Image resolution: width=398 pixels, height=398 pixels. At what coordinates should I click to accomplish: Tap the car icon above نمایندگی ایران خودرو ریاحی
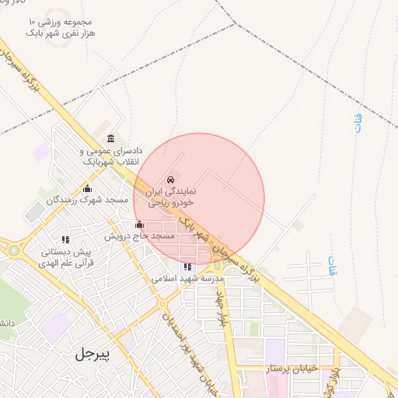171,178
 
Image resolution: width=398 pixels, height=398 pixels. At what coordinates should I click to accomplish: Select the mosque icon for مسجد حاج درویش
140,225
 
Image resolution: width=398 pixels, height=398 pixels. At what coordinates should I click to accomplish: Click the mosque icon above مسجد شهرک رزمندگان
87,188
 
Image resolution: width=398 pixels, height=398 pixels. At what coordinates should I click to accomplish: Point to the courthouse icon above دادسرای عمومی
110,138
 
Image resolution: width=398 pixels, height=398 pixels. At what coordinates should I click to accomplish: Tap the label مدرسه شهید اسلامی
187,278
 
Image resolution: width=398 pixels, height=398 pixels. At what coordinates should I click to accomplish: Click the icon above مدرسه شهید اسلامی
187,267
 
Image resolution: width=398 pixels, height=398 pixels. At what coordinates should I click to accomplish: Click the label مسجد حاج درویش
140,235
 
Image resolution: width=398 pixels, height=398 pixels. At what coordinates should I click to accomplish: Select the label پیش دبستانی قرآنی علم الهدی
68,257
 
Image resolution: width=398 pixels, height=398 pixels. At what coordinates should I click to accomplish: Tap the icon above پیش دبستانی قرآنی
66,239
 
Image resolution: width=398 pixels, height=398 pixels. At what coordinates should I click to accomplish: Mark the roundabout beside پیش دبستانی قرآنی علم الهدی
13,250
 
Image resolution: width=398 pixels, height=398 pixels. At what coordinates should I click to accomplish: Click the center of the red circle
199,199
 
